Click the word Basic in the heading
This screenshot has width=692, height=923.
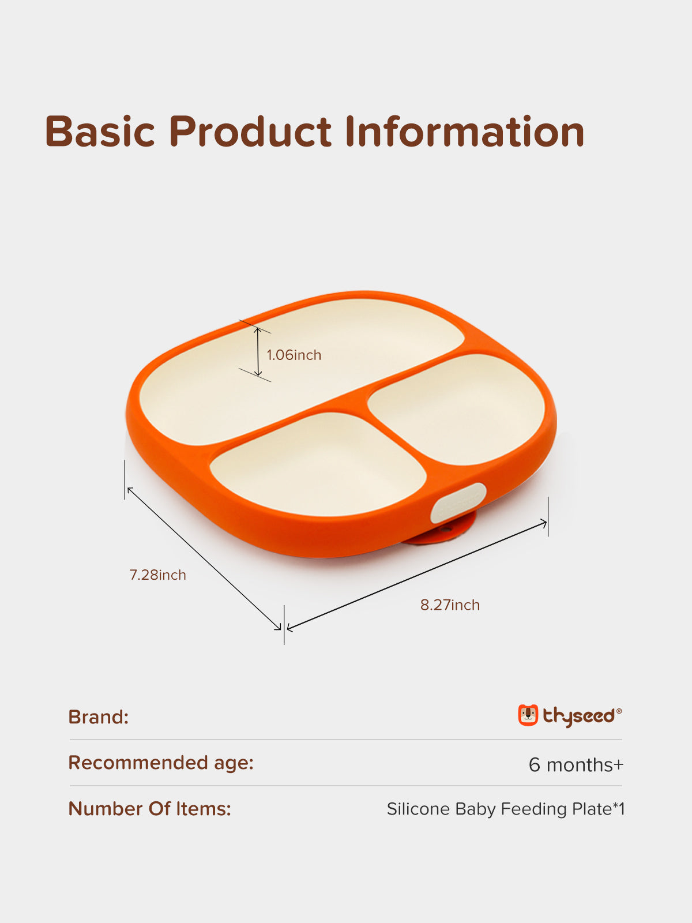click(x=100, y=131)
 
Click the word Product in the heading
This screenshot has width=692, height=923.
click(x=250, y=131)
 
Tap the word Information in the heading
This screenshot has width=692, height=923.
click(x=465, y=131)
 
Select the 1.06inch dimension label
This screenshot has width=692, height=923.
click(x=294, y=355)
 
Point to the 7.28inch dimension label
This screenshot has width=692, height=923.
click(x=157, y=575)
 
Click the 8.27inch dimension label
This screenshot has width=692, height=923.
click(x=450, y=605)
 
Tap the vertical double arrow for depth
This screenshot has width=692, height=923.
click(x=258, y=351)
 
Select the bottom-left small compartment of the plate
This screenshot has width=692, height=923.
click(x=318, y=464)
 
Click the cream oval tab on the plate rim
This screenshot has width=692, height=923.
click(x=458, y=503)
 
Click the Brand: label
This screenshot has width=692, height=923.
click(x=98, y=716)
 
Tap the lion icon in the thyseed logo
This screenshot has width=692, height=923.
click(x=528, y=715)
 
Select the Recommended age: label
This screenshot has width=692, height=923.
click(x=161, y=763)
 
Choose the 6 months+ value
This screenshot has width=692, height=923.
click(x=576, y=764)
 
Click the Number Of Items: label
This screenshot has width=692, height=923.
click(x=149, y=808)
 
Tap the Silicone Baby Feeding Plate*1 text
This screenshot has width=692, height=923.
click(x=506, y=809)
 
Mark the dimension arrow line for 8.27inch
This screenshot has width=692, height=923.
click(x=417, y=576)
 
